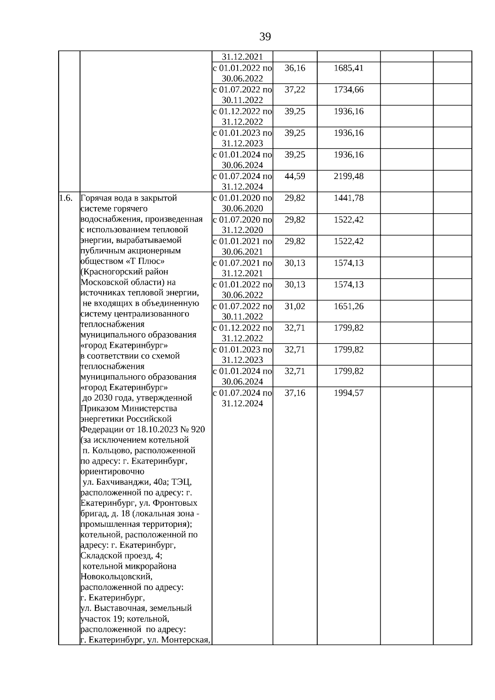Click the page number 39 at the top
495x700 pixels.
coord(265,37)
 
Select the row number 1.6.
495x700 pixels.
coord(66,198)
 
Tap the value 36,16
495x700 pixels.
coord(295,68)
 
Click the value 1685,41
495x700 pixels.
coord(349,68)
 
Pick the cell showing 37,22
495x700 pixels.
coord(295,90)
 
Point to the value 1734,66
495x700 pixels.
coord(349,90)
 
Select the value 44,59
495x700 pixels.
coord(295,176)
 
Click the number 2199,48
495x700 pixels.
coord(349,176)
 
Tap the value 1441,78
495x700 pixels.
coord(349,198)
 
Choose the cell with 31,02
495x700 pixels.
coord(295,306)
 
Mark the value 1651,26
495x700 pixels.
coord(349,306)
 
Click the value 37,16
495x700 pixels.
coord(295,393)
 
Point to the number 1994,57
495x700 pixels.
coord(349,393)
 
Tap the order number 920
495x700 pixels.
coord(198,429)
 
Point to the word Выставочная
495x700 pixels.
coord(124,608)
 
